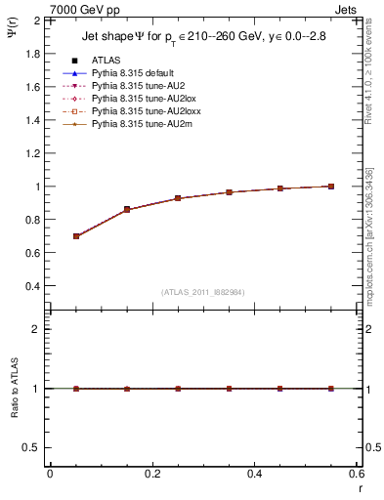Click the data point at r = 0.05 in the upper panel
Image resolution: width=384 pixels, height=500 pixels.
click(76, 236)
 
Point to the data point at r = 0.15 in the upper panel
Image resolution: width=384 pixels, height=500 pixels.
click(127, 209)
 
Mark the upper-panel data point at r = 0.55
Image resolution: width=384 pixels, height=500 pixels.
click(331, 187)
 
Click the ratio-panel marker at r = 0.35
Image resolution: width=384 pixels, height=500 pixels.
click(230, 389)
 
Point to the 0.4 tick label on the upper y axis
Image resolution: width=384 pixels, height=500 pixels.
click(31, 286)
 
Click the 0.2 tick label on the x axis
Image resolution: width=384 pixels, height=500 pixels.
click(151, 474)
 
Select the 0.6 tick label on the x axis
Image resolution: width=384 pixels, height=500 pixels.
click(356, 474)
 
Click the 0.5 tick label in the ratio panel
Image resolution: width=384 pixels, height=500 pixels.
click(31, 447)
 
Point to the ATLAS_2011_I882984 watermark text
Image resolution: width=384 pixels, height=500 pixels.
click(203, 292)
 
